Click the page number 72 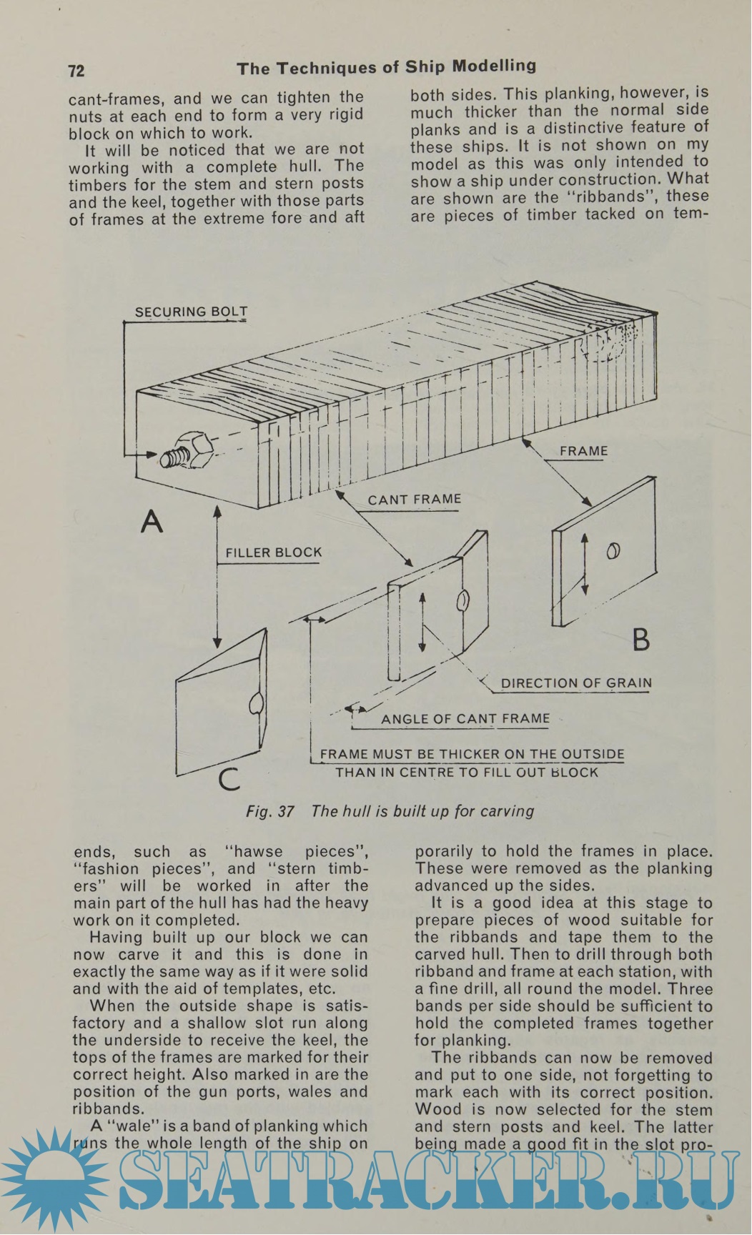(76, 71)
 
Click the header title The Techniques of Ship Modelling (386, 68)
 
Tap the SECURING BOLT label (191, 312)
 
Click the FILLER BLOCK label (273, 552)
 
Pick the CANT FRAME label (414, 500)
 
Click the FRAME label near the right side (583, 451)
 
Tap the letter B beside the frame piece (640, 639)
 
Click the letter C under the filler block (229, 778)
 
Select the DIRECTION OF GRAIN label (576, 683)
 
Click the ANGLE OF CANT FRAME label (465, 719)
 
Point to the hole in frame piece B (613, 550)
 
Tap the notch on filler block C (255, 703)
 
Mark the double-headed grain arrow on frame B (584, 563)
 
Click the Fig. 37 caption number (270, 812)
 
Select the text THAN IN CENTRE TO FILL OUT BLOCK (466, 773)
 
